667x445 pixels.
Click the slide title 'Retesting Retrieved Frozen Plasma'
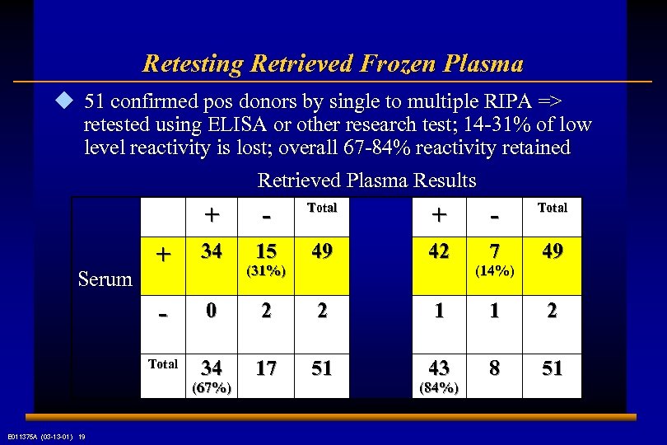coord(333,63)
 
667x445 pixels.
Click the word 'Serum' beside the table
coord(105,279)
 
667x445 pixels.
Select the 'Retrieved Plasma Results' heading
coord(366,180)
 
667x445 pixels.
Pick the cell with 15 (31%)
coord(267,260)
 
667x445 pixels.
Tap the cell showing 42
coord(438,251)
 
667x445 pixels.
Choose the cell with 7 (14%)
coord(494,260)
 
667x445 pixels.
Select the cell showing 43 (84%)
coord(438,375)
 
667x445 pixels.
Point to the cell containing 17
coord(267,368)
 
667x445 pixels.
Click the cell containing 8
coord(494,368)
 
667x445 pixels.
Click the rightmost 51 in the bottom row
coord(552,368)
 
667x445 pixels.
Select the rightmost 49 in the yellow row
coord(552,251)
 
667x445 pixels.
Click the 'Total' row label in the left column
coord(163,363)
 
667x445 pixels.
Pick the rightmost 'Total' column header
coord(552,208)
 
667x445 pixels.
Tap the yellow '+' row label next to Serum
coord(164,255)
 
